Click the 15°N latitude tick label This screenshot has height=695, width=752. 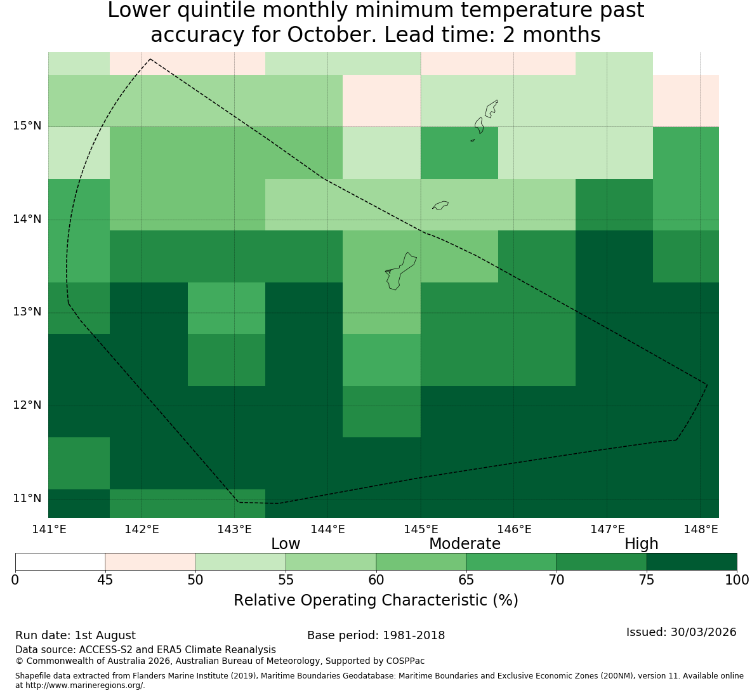[x=27, y=126]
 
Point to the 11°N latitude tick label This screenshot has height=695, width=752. [x=27, y=498]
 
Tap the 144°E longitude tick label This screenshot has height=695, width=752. [x=327, y=529]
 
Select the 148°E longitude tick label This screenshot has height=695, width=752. [x=701, y=529]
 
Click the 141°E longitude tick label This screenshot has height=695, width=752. [x=49, y=529]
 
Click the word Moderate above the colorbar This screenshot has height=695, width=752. [x=465, y=544]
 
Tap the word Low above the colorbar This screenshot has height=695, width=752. [x=286, y=544]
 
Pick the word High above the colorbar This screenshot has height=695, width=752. [x=641, y=544]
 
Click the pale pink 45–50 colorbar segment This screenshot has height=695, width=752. [x=150, y=561]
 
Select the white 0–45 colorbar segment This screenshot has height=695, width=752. [x=60, y=561]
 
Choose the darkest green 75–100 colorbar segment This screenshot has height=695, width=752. [x=692, y=561]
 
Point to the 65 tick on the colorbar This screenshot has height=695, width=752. [x=466, y=580]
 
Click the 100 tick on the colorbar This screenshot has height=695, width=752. [x=737, y=580]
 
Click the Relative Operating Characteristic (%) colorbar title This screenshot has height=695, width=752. [x=376, y=600]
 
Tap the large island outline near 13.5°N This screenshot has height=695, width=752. [x=401, y=271]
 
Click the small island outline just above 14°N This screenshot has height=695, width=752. [x=440, y=205]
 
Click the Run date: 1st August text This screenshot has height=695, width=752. [x=76, y=635]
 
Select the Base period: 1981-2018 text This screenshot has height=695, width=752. [x=376, y=635]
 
